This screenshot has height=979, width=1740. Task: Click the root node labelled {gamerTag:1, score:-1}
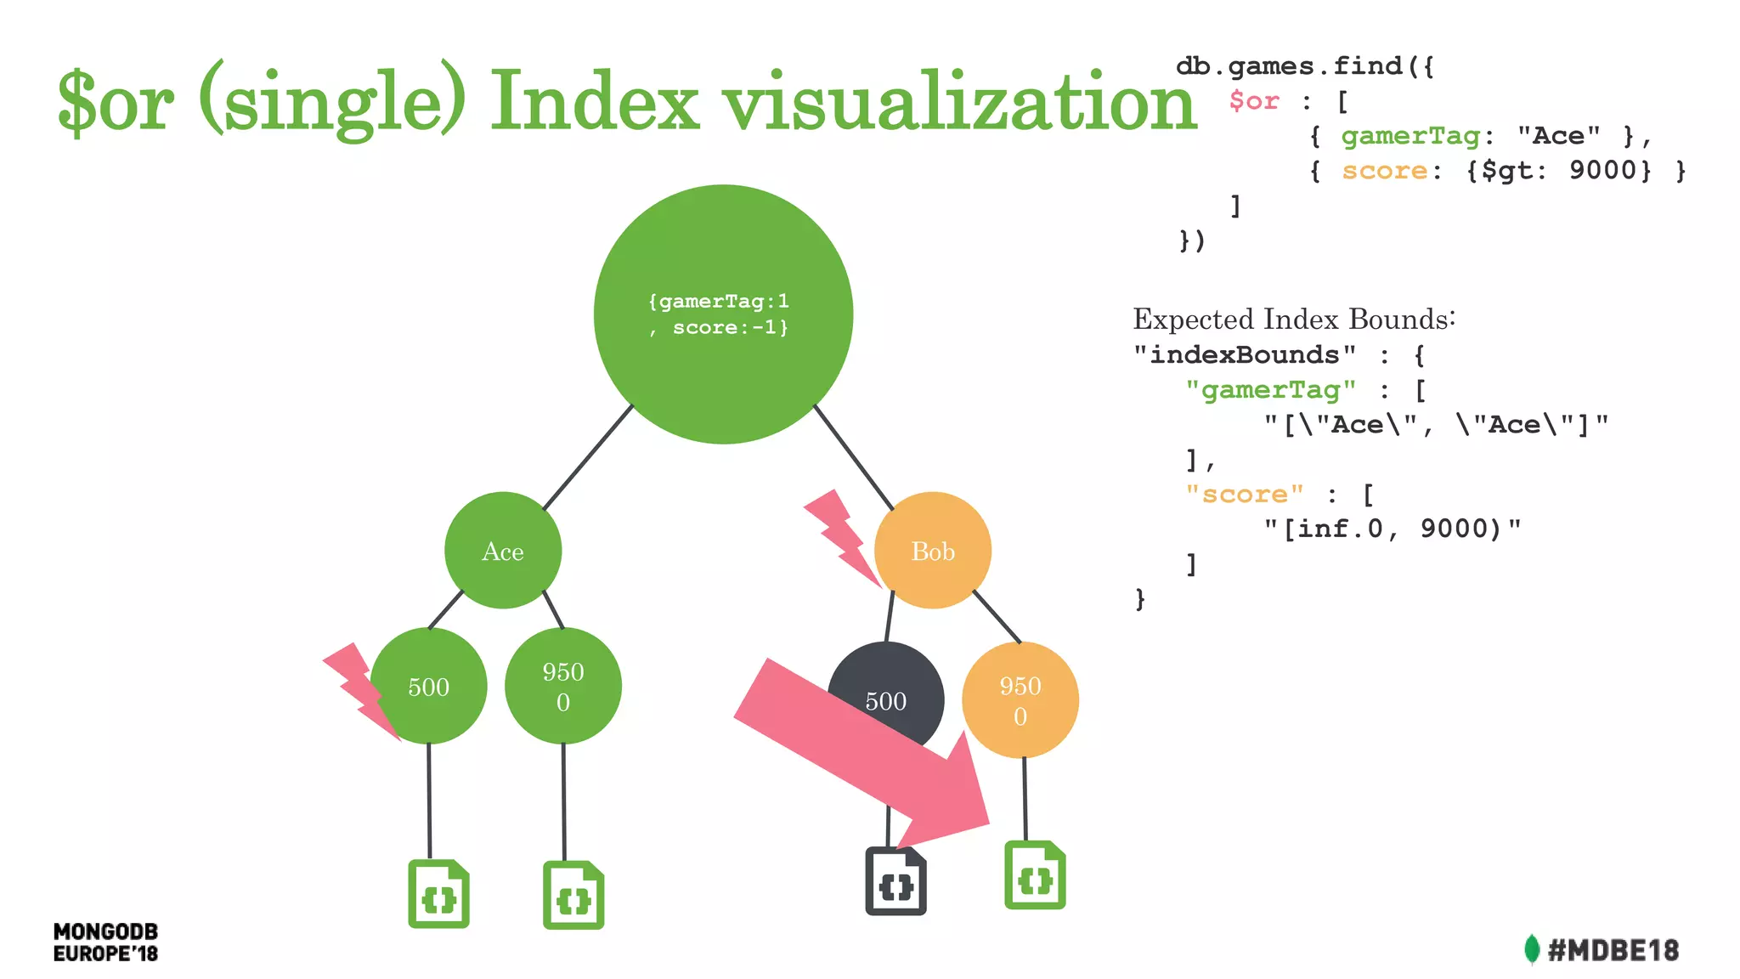pyautogui.click(x=723, y=314)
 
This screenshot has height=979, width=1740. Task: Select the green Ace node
pyautogui.click(x=503, y=551)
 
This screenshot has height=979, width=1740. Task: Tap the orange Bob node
pyautogui.click(x=933, y=551)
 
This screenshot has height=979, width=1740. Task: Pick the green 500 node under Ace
pyautogui.click(x=429, y=686)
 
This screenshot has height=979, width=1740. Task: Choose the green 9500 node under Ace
pyautogui.click(x=563, y=686)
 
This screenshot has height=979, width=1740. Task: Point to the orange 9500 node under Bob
pyautogui.click(x=1020, y=700)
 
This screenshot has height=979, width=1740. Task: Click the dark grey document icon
pyautogui.click(x=895, y=884)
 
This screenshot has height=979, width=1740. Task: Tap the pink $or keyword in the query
pyautogui.click(x=1254, y=101)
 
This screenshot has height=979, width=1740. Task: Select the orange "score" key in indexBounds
pyautogui.click(x=1245, y=494)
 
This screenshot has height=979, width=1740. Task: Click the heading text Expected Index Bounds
pyautogui.click(x=1294, y=320)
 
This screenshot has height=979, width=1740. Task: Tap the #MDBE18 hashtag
pyautogui.click(x=1612, y=950)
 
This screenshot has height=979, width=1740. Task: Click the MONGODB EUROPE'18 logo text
pyautogui.click(x=105, y=942)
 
